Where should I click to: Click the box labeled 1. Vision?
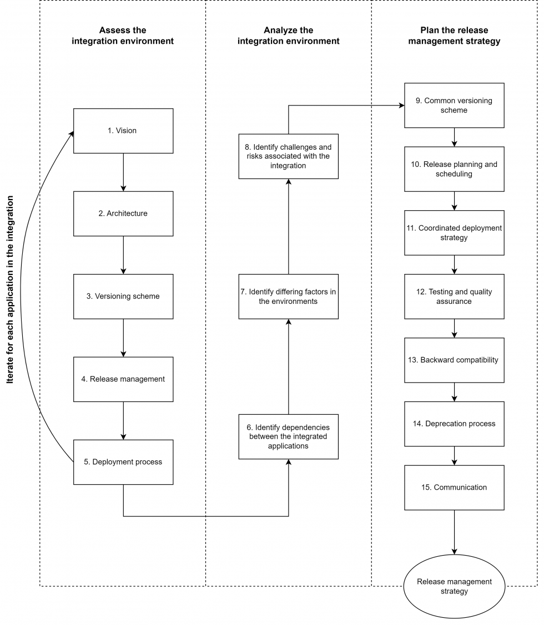123,131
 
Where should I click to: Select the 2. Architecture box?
123,214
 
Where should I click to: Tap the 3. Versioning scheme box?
123,296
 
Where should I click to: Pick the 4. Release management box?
123,379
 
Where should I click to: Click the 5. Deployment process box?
123,462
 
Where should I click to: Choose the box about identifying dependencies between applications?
288,436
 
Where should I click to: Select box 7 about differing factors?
288,296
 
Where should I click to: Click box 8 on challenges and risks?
288,156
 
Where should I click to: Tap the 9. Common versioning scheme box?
454,105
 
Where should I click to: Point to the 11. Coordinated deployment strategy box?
454,233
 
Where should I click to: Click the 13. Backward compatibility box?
454,360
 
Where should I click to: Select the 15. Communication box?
454,487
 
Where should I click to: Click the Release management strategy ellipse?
454,587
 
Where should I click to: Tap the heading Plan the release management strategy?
454,35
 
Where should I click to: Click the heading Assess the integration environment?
123,35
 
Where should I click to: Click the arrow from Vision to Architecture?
123,172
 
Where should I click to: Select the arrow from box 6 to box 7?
288,366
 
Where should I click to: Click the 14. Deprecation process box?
454,424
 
